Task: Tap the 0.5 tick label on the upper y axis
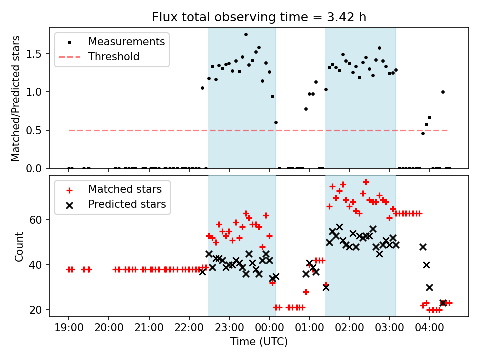[34, 130]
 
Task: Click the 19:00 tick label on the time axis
[69, 328]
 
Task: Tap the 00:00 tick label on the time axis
[269, 328]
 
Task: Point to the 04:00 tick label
[430, 328]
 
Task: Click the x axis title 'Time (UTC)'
[259, 341]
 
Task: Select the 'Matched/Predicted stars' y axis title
[15, 98]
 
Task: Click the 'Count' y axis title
[19, 246]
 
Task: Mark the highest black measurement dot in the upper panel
[246, 34]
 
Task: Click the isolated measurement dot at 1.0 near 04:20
[443, 92]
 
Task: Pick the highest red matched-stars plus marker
[366, 182]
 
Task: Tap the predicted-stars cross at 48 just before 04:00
[423, 247]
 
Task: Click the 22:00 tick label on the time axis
[189, 328]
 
